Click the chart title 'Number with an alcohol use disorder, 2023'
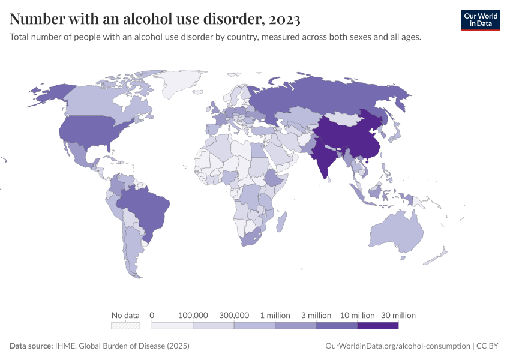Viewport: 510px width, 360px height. (155, 19)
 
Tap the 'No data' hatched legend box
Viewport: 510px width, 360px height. (125, 326)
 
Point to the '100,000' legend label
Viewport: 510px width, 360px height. (193, 315)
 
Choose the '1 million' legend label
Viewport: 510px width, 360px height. (275, 315)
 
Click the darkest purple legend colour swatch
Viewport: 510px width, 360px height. (377, 326)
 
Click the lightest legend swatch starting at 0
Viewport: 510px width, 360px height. (172, 326)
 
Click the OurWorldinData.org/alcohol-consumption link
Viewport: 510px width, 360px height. (397, 346)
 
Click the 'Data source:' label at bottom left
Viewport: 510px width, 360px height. (31, 346)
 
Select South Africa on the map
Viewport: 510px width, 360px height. (250, 237)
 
